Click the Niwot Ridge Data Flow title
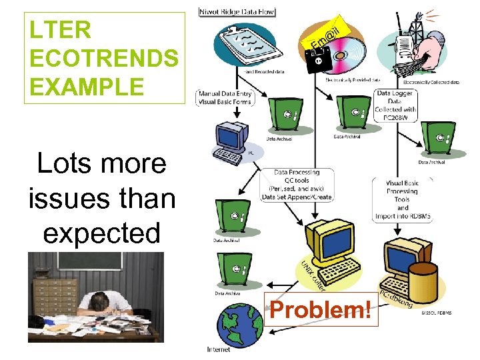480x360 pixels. [x=237, y=11]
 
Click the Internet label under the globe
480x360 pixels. [x=219, y=349]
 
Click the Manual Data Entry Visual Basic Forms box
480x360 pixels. [x=225, y=98]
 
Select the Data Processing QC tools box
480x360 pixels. [x=295, y=185]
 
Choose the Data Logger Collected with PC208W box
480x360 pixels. [x=396, y=105]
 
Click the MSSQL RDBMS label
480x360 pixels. [x=437, y=313]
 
